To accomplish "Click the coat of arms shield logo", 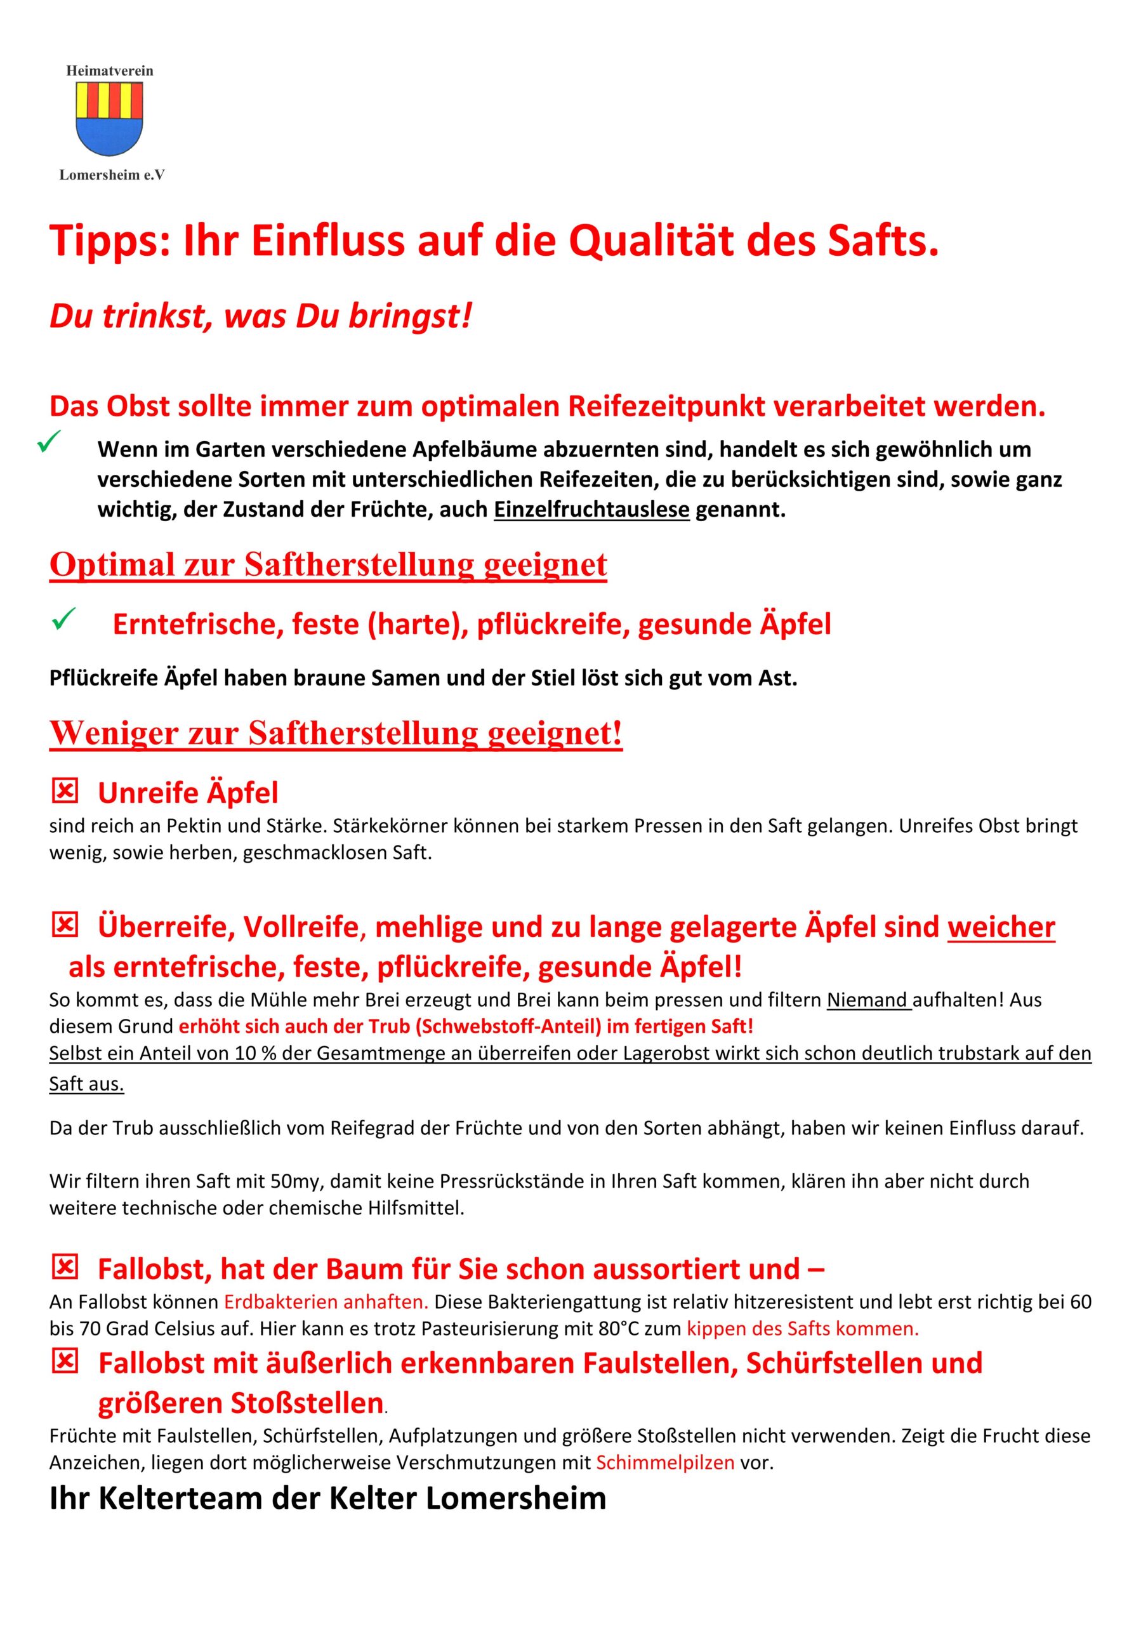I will click(109, 119).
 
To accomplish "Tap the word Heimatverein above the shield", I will click(110, 70).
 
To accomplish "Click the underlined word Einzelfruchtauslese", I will click(591, 510).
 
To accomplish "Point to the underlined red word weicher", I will click(1001, 927).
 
